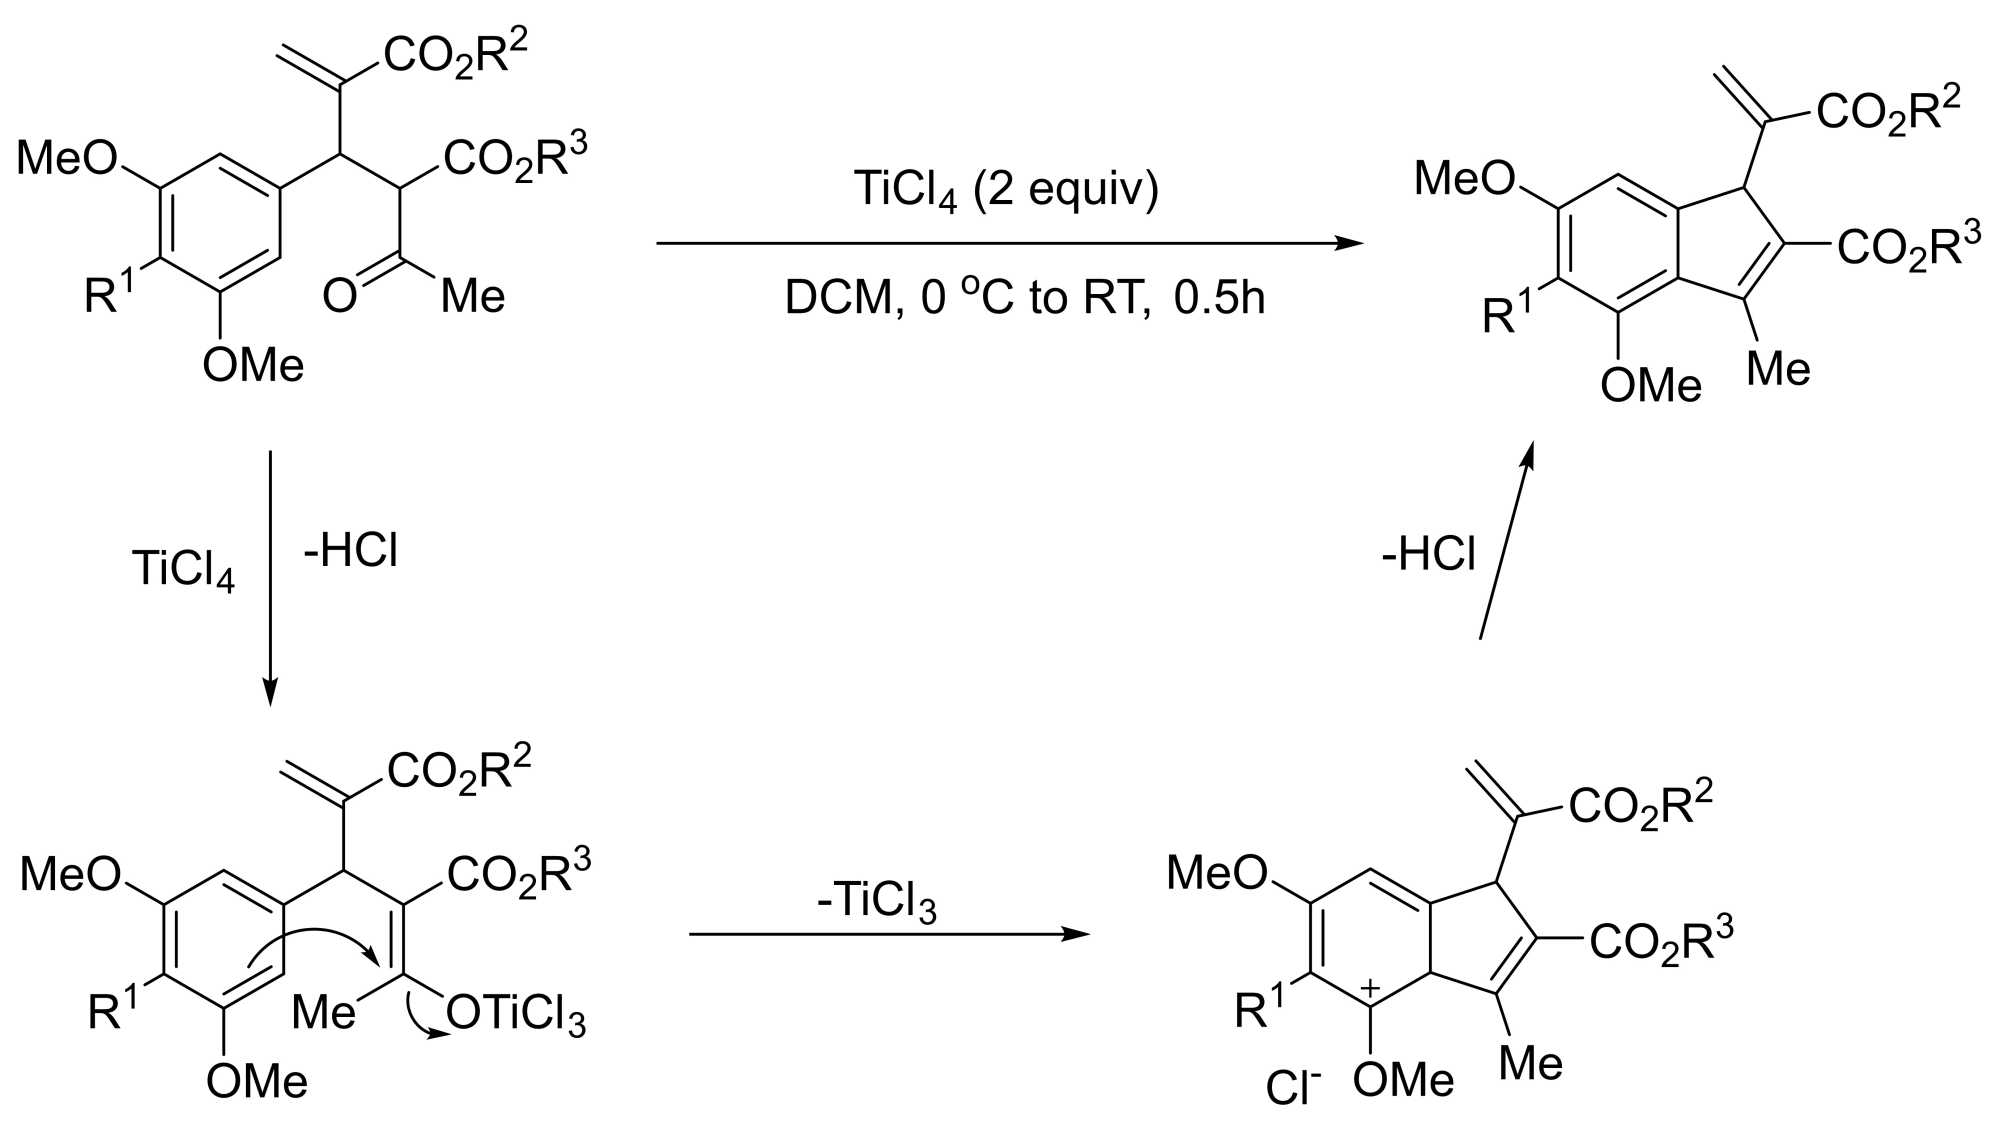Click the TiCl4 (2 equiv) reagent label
(1005, 190)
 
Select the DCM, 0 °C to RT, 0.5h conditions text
(1024, 298)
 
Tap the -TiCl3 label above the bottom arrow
(876, 900)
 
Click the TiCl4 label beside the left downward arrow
(183, 569)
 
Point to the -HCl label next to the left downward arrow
(350, 551)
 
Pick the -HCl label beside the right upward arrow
(1428, 554)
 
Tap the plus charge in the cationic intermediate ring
(1370, 989)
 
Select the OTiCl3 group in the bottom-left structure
(515, 1015)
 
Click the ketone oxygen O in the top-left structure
(339, 296)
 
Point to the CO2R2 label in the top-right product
(1888, 109)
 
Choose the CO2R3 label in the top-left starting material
(515, 157)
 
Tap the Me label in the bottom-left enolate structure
(323, 1013)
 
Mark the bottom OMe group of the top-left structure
(253, 365)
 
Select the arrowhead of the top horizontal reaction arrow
(1352, 243)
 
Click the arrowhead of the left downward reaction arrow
(270, 692)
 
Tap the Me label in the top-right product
(1778, 369)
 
